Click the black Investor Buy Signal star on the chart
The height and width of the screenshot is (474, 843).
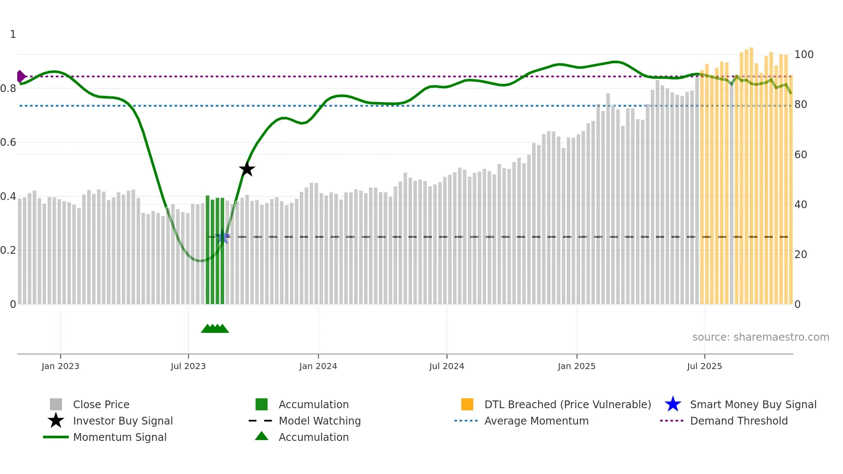point(247,169)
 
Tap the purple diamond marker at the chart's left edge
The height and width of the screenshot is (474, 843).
point(21,77)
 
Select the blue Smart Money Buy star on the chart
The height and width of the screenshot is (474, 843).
point(222,237)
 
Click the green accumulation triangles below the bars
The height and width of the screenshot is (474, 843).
point(215,329)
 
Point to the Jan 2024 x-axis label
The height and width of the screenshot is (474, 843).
point(318,366)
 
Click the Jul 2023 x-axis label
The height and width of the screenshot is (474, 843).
point(188,366)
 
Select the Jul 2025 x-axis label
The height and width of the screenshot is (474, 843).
point(704,366)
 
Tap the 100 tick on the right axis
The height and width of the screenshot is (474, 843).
point(803,55)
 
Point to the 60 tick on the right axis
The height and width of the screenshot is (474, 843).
point(800,155)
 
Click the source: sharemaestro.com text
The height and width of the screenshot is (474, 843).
point(760,337)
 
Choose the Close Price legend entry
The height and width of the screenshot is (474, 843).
point(101,405)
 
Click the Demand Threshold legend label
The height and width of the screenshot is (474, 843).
point(738,421)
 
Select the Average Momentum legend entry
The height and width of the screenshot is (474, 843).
point(536,421)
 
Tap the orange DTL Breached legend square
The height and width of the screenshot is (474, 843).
point(467,405)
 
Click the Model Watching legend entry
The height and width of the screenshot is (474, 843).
point(319,421)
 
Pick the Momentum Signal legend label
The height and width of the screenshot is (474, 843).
point(120,437)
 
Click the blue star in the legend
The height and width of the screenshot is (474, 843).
point(673,405)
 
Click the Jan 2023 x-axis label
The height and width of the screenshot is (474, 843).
point(60,366)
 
